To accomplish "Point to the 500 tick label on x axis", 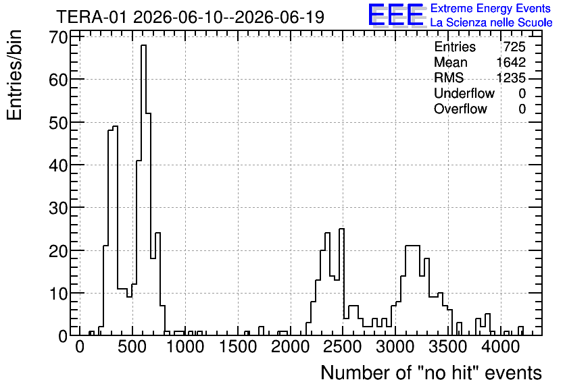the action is click(x=132, y=347).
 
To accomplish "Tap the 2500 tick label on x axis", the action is click(x=343, y=347).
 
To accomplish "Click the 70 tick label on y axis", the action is click(x=58, y=37).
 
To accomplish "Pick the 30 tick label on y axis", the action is click(x=58, y=208).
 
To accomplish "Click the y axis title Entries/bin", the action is click(x=14, y=75).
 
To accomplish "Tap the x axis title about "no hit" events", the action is click(x=431, y=373).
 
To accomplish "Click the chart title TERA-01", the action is click(x=91, y=18).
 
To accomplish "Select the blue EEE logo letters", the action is click(x=395, y=15).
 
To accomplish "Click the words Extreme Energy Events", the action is click(x=491, y=8).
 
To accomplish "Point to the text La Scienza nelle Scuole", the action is click(x=491, y=23).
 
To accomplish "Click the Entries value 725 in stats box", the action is click(x=514, y=47).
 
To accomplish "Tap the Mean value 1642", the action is click(x=511, y=62).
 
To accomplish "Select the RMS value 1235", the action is click(x=511, y=78).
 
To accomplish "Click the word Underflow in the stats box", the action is click(x=464, y=93).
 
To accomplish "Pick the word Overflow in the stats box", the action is click(x=460, y=109).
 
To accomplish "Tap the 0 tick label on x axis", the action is click(x=79, y=347).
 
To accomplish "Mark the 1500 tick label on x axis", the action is click(x=237, y=347).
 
